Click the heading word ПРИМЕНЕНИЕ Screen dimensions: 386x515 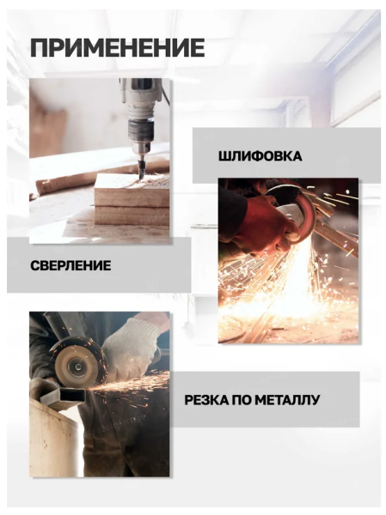click(x=118, y=48)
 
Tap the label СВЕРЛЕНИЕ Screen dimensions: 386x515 click(x=70, y=265)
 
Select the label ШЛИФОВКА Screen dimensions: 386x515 click(x=260, y=156)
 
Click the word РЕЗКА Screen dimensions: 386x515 click(x=205, y=400)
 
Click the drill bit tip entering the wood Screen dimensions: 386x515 click(x=142, y=178)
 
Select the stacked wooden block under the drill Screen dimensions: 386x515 click(x=132, y=200)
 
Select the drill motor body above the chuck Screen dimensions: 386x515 click(x=140, y=99)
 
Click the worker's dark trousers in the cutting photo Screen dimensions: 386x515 click(x=128, y=444)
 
